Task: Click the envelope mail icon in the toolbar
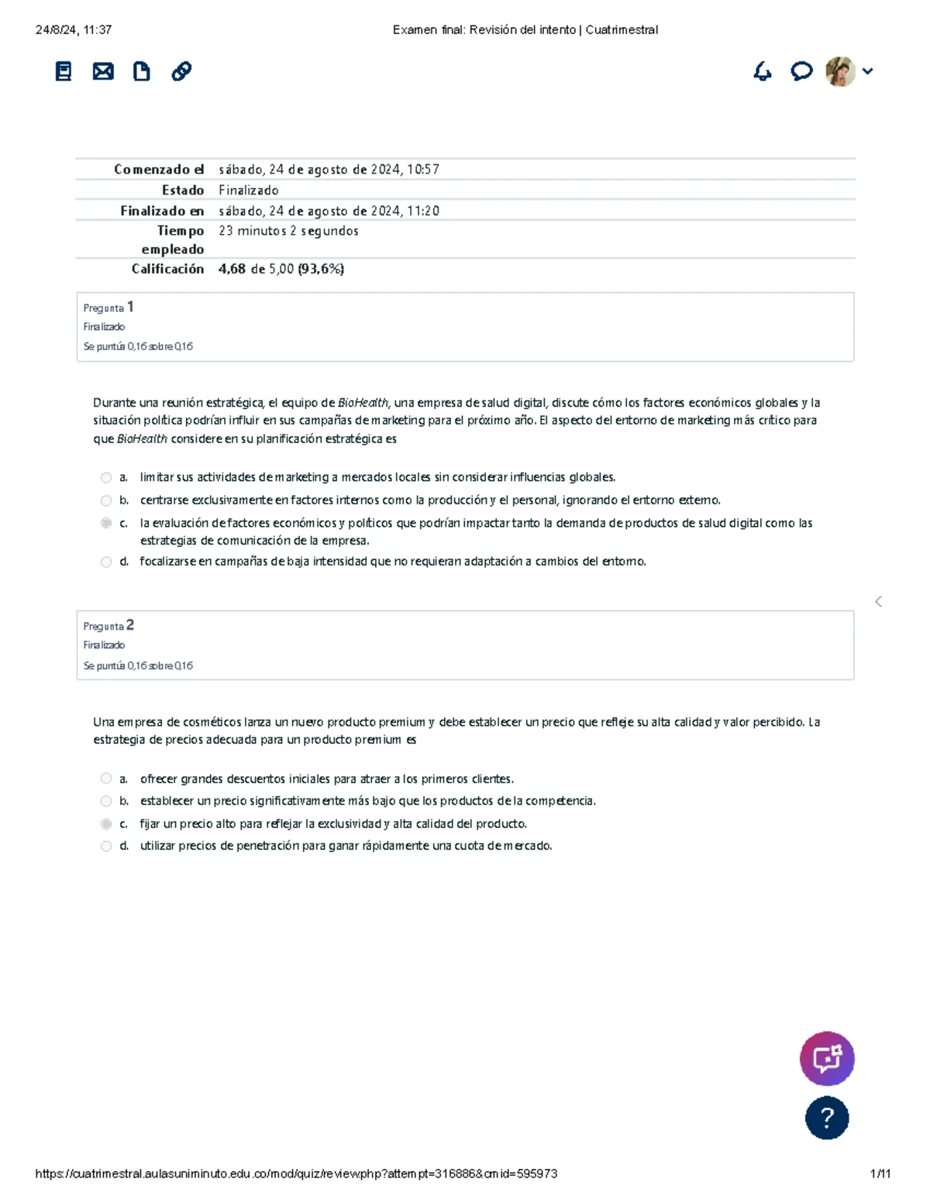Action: (x=103, y=72)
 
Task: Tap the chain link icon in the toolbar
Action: (x=181, y=71)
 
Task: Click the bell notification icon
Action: (x=763, y=71)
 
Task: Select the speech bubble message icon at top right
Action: (x=801, y=71)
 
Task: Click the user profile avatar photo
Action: (x=840, y=71)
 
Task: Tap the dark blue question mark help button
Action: (x=827, y=1118)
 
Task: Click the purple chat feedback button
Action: (x=827, y=1058)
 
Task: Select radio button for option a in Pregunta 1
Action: (x=106, y=478)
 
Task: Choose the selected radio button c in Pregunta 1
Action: (x=106, y=524)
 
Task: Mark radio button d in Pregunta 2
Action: (x=106, y=847)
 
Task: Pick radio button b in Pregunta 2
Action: (x=106, y=802)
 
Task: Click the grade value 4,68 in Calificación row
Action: (x=232, y=269)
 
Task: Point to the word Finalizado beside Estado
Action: (x=248, y=190)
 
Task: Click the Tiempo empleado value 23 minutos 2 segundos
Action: (x=288, y=231)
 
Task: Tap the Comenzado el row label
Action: (x=159, y=170)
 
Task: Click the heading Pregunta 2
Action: (x=108, y=625)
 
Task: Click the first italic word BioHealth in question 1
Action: (x=363, y=403)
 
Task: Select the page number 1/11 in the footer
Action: (x=880, y=1174)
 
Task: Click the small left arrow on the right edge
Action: (x=878, y=602)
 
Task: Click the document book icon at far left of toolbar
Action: (x=64, y=72)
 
